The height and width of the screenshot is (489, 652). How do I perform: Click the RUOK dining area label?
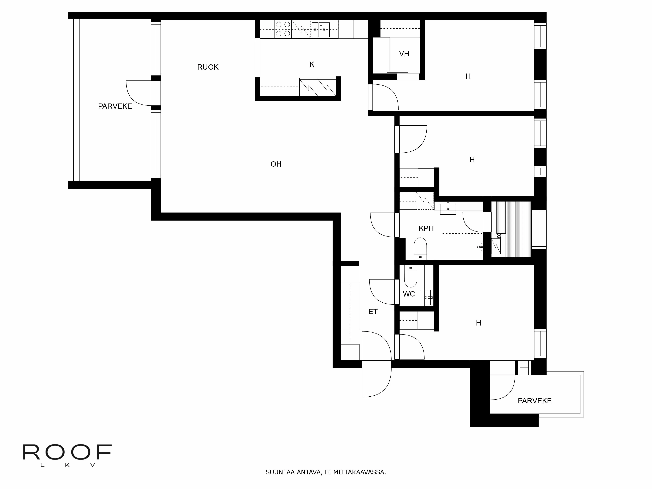point(208,67)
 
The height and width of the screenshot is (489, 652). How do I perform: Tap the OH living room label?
point(276,164)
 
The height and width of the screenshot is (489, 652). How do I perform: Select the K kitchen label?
point(312,64)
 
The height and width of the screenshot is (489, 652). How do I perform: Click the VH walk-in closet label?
point(404,54)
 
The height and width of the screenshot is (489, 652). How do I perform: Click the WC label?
point(409,294)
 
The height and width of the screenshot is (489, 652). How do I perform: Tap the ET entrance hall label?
point(373,311)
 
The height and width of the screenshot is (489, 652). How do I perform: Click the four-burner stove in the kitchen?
point(283,29)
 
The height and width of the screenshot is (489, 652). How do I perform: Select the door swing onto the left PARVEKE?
point(139,93)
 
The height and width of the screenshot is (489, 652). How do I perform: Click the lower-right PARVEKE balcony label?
point(534,401)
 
